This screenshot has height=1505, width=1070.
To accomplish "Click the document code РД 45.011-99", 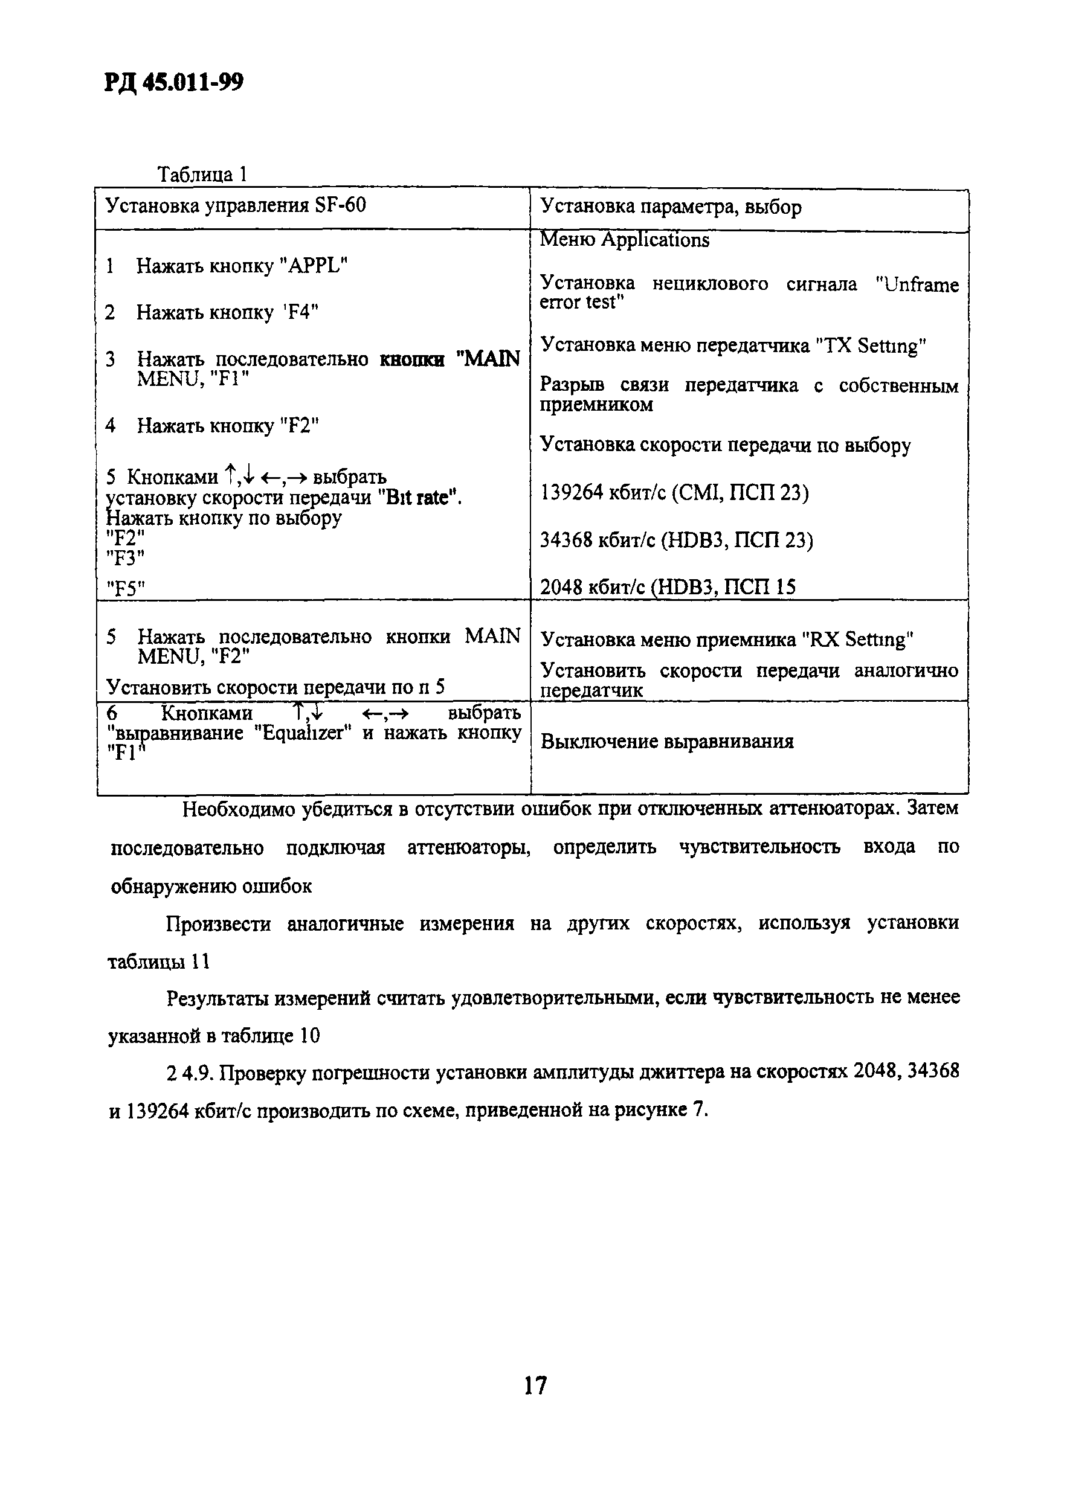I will [x=173, y=83].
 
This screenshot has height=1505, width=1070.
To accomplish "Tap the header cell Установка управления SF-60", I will [x=235, y=206].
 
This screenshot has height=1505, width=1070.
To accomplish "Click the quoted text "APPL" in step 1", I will [x=314, y=266].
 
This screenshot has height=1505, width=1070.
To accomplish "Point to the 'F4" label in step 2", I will [x=300, y=312].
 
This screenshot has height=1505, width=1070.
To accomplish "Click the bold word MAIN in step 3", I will [x=488, y=359].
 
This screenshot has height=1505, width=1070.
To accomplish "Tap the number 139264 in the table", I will [x=571, y=493].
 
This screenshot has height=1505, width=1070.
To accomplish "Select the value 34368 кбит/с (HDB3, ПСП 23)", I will [x=676, y=541].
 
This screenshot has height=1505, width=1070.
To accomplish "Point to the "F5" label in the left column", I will [x=125, y=588].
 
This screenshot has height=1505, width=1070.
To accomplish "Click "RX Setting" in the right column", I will [x=858, y=640].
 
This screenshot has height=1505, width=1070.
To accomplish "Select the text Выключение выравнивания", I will [x=667, y=742].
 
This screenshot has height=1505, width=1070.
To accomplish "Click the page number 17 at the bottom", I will [x=535, y=1385].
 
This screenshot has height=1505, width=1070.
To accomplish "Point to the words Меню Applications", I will [x=625, y=240].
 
